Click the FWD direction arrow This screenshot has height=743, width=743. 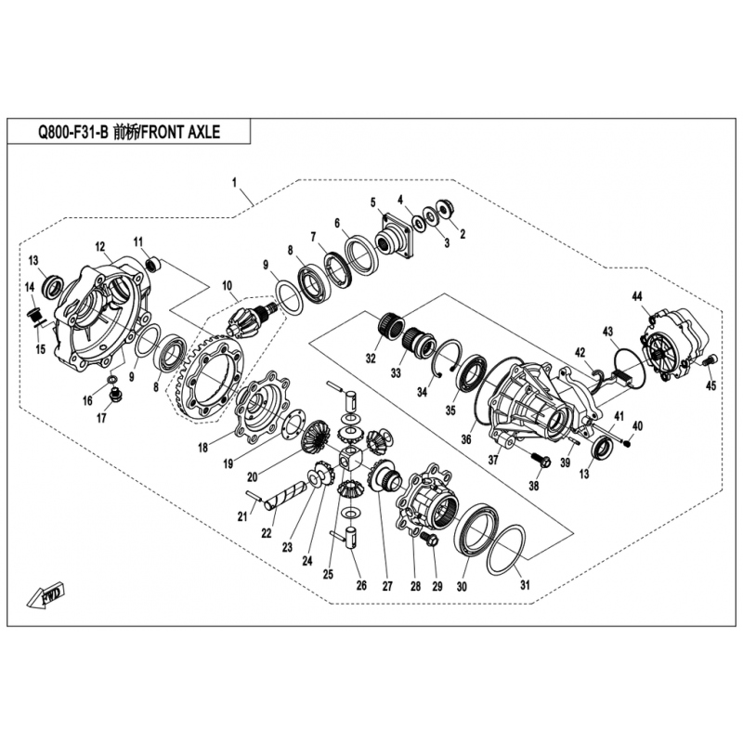click(46, 595)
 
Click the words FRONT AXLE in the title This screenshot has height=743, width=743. click(180, 132)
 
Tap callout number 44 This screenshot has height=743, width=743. click(637, 296)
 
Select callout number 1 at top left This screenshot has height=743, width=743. click(234, 182)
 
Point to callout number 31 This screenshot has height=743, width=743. click(525, 585)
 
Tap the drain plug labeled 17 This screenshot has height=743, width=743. click(115, 394)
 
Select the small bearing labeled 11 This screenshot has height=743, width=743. click(153, 264)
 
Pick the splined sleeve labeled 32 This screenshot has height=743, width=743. click(391, 324)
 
